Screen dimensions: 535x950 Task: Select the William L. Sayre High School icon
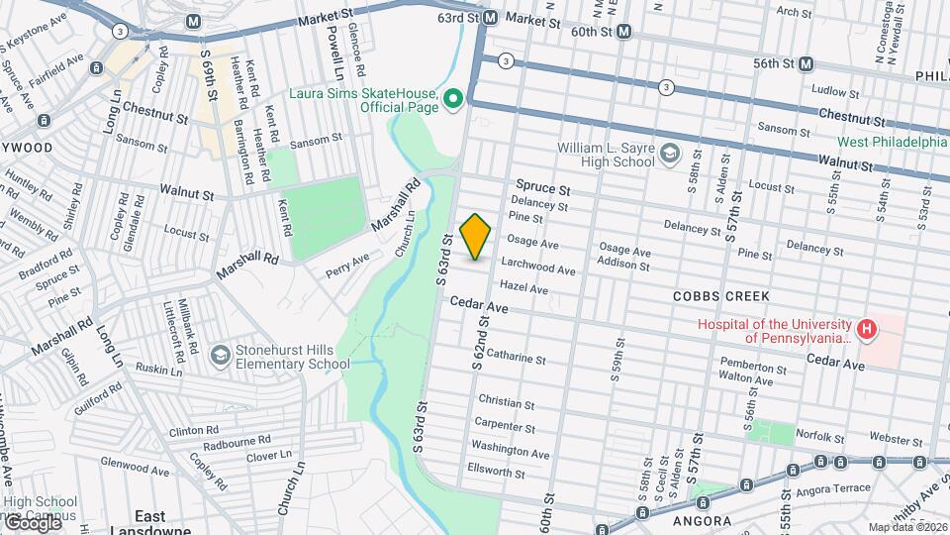[671, 153]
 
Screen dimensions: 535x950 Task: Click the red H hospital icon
[867, 330]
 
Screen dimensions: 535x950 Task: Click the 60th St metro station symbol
[623, 32]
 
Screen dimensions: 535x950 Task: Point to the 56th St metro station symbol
[807, 63]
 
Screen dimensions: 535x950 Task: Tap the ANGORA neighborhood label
[703, 520]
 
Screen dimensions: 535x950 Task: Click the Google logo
[32, 522]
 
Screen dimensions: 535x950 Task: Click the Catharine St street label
[516, 356]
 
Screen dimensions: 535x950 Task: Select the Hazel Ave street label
[523, 288]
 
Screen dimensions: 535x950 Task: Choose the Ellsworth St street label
[498, 474]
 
